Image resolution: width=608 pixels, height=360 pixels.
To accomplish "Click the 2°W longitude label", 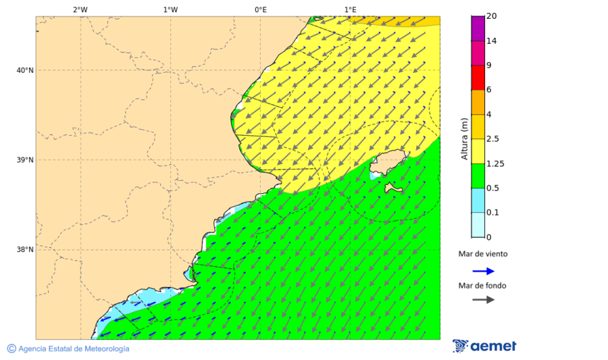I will [x=80, y=9].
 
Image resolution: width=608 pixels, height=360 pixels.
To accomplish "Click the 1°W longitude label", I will [x=170, y=9].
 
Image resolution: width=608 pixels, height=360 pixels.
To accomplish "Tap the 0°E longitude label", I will [x=260, y=9].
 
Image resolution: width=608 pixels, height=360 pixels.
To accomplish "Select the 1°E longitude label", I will [x=350, y=9].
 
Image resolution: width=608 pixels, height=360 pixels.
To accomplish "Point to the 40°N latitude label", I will [x=24, y=70].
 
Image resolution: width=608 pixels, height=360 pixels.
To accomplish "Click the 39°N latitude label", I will [x=24, y=160].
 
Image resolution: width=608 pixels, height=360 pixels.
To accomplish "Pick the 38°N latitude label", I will [x=24, y=250].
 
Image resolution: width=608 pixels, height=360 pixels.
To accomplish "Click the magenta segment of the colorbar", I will [x=478, y=53].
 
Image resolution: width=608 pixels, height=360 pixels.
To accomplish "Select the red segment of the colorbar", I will [x=478, y=78].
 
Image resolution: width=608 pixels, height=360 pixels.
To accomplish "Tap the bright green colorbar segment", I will [x=478, y=176].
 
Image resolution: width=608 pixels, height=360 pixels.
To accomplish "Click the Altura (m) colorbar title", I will [x=464, y=138].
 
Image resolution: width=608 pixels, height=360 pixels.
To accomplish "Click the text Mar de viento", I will [x=482, y=255].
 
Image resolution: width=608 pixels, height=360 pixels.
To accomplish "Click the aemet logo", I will [x=484, y=346].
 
